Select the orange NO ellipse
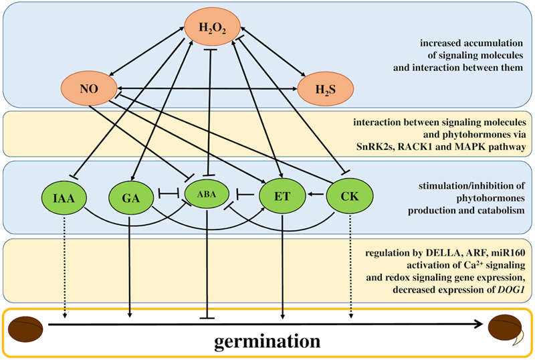[x=88, y=87]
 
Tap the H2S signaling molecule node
[x=326, y=87]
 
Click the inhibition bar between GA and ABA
[x=170, y=197]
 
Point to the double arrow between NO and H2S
[x=207, y=87]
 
